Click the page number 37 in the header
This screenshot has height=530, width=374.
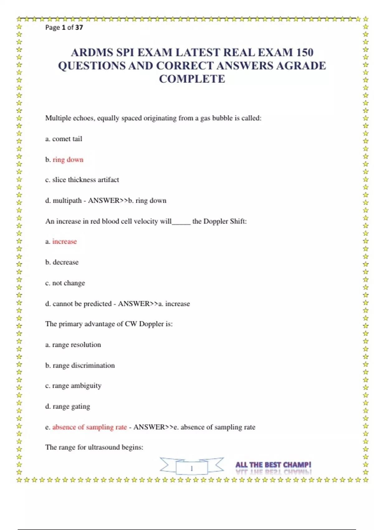coord(79,27)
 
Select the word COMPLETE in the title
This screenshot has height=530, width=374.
coord(192,79)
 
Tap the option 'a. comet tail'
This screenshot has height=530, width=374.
coord(64,139)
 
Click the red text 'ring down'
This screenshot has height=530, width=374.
coord(68,160)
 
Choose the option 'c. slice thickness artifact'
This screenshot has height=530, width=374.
coord(82,180)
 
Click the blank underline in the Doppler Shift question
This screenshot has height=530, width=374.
coord(181,222)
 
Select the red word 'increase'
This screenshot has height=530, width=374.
coord(65,242)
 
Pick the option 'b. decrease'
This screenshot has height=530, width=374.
coord(62,262)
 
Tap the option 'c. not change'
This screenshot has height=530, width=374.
coord(65,283)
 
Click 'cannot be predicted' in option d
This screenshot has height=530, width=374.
coord(82,304)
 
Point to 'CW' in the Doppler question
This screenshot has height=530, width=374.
coord(131,324)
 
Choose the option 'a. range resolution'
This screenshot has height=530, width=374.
coord(73,345)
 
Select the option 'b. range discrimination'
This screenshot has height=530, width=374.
coord(80,365)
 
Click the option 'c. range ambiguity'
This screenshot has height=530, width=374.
coord(73,386)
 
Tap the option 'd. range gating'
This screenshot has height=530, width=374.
coord(68,407)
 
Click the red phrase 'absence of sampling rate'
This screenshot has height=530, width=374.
coord(89,427)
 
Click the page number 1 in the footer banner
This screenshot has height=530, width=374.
coord(192,468)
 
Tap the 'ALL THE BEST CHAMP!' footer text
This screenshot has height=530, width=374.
coord(273,465)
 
